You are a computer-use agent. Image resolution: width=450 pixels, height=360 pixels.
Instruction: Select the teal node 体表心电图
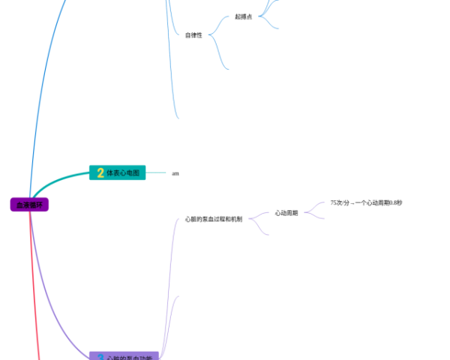122,173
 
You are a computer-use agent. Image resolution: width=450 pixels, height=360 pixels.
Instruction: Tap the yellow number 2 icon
100,173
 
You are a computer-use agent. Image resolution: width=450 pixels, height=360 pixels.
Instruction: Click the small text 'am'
175,173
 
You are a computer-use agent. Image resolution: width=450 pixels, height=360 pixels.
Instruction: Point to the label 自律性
193,35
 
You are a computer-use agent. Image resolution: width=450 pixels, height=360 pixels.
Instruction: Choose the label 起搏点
243,16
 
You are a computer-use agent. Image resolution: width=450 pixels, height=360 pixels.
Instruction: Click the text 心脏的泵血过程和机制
214,219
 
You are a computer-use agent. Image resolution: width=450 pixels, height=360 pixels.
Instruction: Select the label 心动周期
286,213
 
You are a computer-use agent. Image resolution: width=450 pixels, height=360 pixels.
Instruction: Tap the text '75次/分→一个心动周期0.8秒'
366,203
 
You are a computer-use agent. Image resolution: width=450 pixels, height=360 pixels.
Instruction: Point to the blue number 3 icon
100,358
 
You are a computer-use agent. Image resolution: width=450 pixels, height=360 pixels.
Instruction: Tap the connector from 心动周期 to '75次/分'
315,208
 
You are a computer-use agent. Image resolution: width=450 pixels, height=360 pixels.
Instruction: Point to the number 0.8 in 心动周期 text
392,203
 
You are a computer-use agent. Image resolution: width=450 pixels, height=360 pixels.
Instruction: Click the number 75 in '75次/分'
334,203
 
